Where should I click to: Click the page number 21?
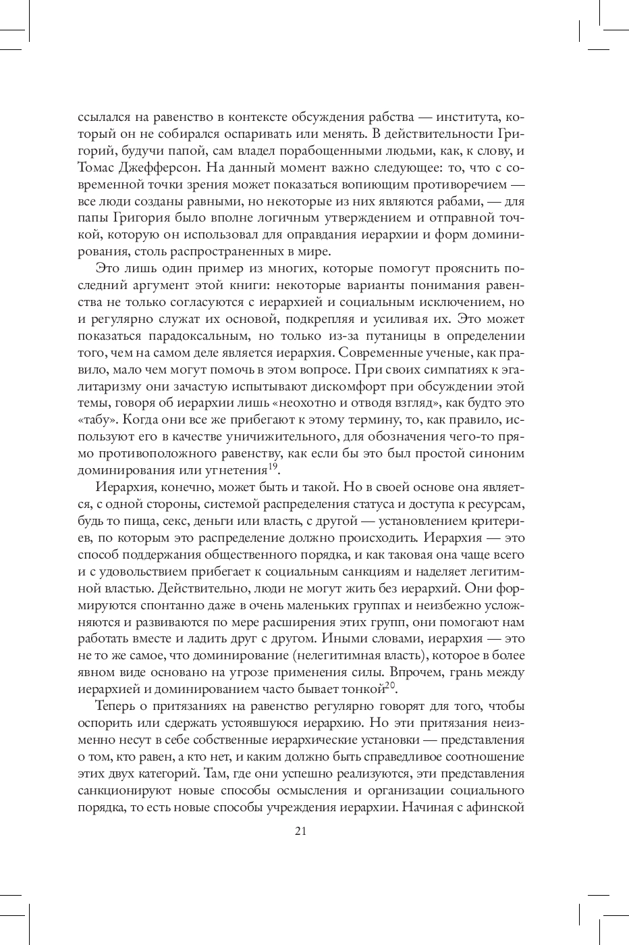[x=301, y=832]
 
